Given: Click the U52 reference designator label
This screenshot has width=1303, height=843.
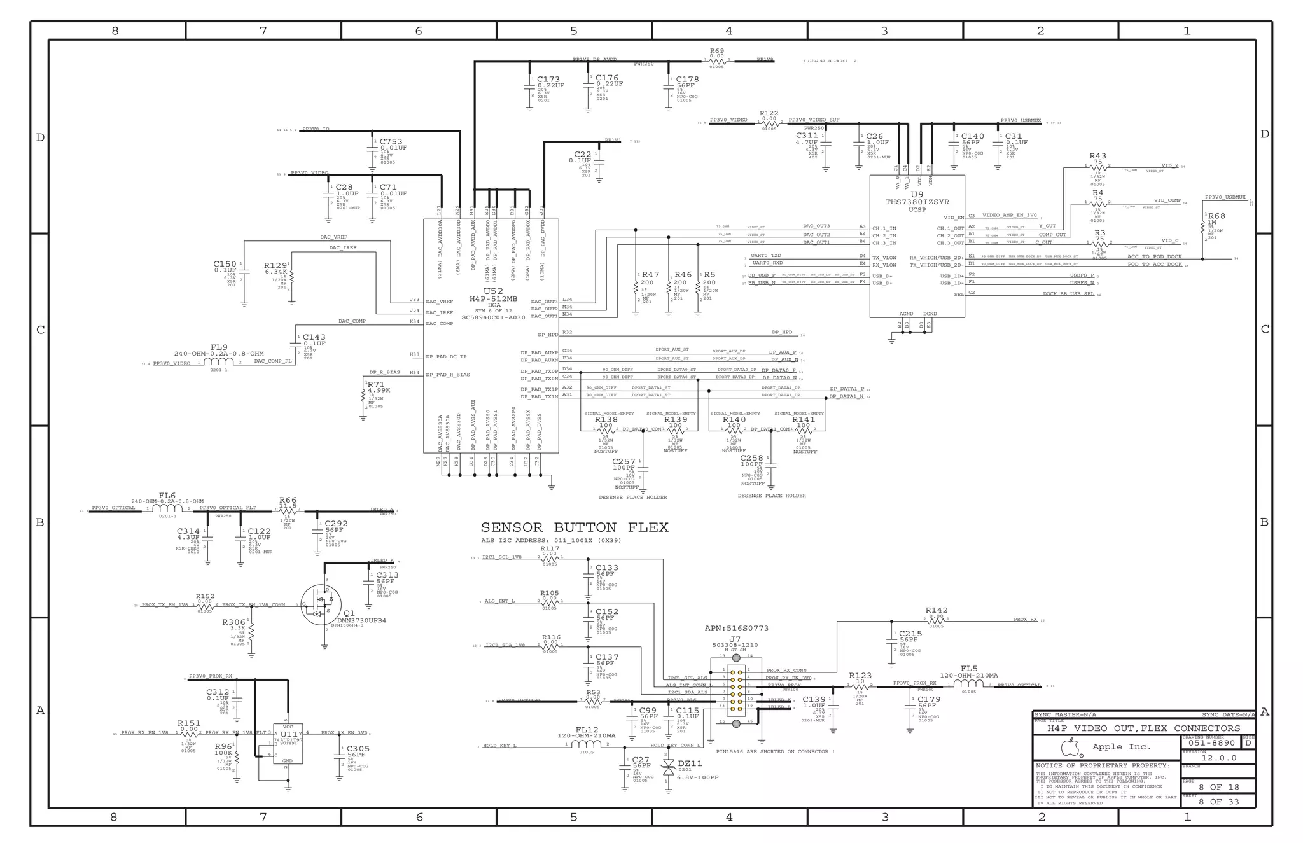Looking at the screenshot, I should tap(493, 291).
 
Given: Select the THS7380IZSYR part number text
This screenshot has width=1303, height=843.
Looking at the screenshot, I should tap(917, 202).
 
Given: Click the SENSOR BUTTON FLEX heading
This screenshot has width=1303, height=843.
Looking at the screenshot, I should tap(574, 527).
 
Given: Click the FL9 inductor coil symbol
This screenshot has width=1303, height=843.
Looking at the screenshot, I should tap(219, 363).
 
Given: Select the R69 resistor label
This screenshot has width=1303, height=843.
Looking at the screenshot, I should tap(717, 51).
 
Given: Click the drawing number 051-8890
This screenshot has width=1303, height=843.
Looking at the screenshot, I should tap(1211, 742).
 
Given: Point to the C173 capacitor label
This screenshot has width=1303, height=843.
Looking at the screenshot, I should tap(548, 80).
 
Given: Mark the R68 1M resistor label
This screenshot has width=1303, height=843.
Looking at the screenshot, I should tap(1216, 216).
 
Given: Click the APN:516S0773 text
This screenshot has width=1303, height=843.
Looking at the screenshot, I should tap(736, 628).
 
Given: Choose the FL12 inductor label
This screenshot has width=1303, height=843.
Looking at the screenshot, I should tap(587, 730).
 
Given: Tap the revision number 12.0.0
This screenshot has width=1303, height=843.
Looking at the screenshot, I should tap(1218, 758).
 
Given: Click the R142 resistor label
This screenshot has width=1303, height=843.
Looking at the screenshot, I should tap(937, 610).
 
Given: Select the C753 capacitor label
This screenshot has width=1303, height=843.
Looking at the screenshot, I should tap(391, 142).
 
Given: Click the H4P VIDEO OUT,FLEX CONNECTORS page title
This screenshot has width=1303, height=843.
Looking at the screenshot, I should tap(1143, 728).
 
